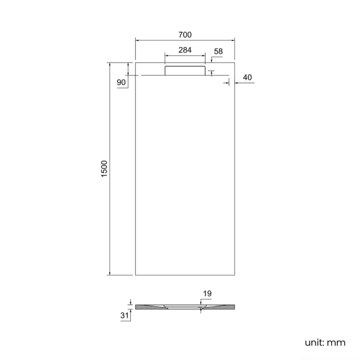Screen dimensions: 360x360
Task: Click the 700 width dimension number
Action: pos(185,34)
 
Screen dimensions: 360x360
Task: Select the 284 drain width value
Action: pos(185,50)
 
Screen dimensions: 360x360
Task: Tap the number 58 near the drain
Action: pos(218,51)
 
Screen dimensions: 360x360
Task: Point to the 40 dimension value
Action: pos(247,78)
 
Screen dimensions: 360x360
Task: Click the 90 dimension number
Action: pos(122,83)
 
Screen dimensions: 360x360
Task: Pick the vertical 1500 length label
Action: pos(104,169)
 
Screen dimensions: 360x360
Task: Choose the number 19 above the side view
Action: pos(207,294)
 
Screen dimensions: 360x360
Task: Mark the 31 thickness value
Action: pos(125,315)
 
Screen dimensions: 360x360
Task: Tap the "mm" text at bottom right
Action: pos(336,342)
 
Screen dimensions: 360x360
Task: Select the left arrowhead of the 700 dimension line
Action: pos(138,40)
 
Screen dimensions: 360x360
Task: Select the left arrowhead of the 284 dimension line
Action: pos(167,55)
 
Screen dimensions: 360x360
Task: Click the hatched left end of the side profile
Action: pos(147,307)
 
